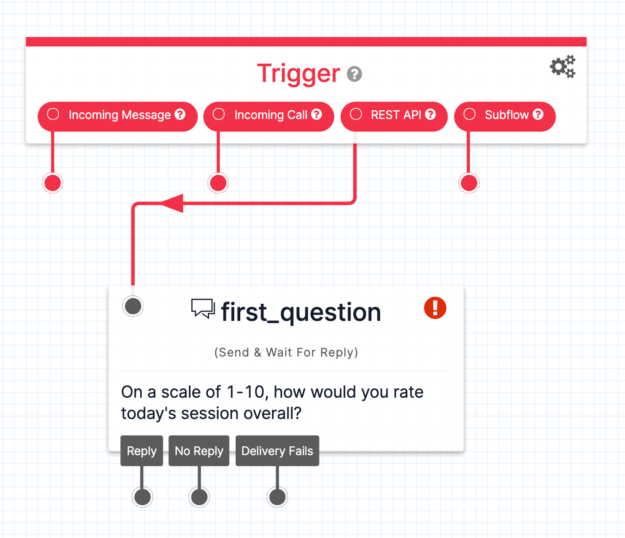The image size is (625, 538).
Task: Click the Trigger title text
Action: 298,74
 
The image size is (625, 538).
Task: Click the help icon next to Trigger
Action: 355,74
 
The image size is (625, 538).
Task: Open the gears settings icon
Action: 562,67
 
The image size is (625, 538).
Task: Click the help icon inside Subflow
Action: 538,114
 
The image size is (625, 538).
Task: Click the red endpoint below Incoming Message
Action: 53,183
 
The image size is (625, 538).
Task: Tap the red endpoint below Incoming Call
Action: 218,183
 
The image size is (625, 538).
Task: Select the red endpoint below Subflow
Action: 469,183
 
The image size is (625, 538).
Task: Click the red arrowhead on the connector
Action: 173,203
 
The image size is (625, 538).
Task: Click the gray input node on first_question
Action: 133,306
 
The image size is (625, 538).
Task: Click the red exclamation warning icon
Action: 435,308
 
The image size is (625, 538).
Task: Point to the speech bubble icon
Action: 203,308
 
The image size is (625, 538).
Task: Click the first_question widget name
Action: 301,313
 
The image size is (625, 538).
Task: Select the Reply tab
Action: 142,451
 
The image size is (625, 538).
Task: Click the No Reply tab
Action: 199,451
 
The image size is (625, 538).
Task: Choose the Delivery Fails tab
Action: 277,451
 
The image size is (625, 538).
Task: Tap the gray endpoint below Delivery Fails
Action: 277,497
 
